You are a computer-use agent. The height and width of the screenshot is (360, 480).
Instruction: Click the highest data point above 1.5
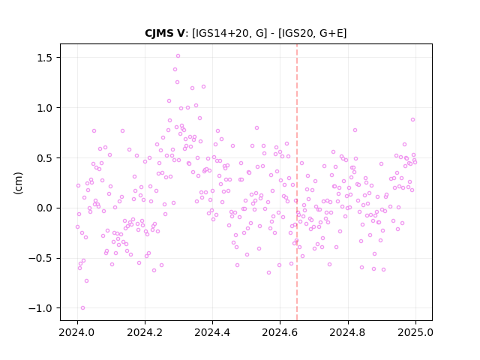(x=178, y=56)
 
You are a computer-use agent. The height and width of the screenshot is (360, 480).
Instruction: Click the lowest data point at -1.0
(x=82, y=308)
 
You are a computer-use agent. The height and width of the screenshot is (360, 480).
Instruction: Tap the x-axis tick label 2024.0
(x=77, y=332)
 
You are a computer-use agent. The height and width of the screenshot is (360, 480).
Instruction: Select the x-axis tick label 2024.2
(x=145, y=332)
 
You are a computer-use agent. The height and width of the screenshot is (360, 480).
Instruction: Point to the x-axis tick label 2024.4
(x=212, y=332)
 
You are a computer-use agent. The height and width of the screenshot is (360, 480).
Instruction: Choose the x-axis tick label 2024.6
(x=280, y=332)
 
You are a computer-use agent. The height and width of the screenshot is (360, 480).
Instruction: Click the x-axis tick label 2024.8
(x=347, y=332)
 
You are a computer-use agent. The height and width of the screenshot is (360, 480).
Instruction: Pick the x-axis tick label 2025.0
(x=415, y=332)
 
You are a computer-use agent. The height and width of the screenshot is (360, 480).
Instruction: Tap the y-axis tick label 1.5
(x=45, y=58)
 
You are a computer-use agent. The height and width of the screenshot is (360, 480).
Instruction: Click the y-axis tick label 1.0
(x=45, y=108)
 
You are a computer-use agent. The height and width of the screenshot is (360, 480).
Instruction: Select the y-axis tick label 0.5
(x=45, y=158)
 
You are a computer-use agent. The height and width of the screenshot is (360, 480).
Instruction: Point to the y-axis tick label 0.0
(x=45, y=208)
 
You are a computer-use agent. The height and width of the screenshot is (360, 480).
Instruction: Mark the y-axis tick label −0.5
(x=40, y=259)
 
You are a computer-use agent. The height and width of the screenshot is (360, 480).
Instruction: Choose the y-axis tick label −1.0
(x=40, y=308)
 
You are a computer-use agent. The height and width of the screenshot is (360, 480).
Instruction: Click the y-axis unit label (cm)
(x=18, y=183)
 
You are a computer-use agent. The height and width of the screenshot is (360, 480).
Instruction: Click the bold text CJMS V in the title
(x=165, y=33)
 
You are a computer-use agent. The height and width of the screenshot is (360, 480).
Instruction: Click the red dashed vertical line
(x=297, y=182)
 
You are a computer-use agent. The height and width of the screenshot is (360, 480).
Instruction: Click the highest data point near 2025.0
(x=412, y=120)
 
